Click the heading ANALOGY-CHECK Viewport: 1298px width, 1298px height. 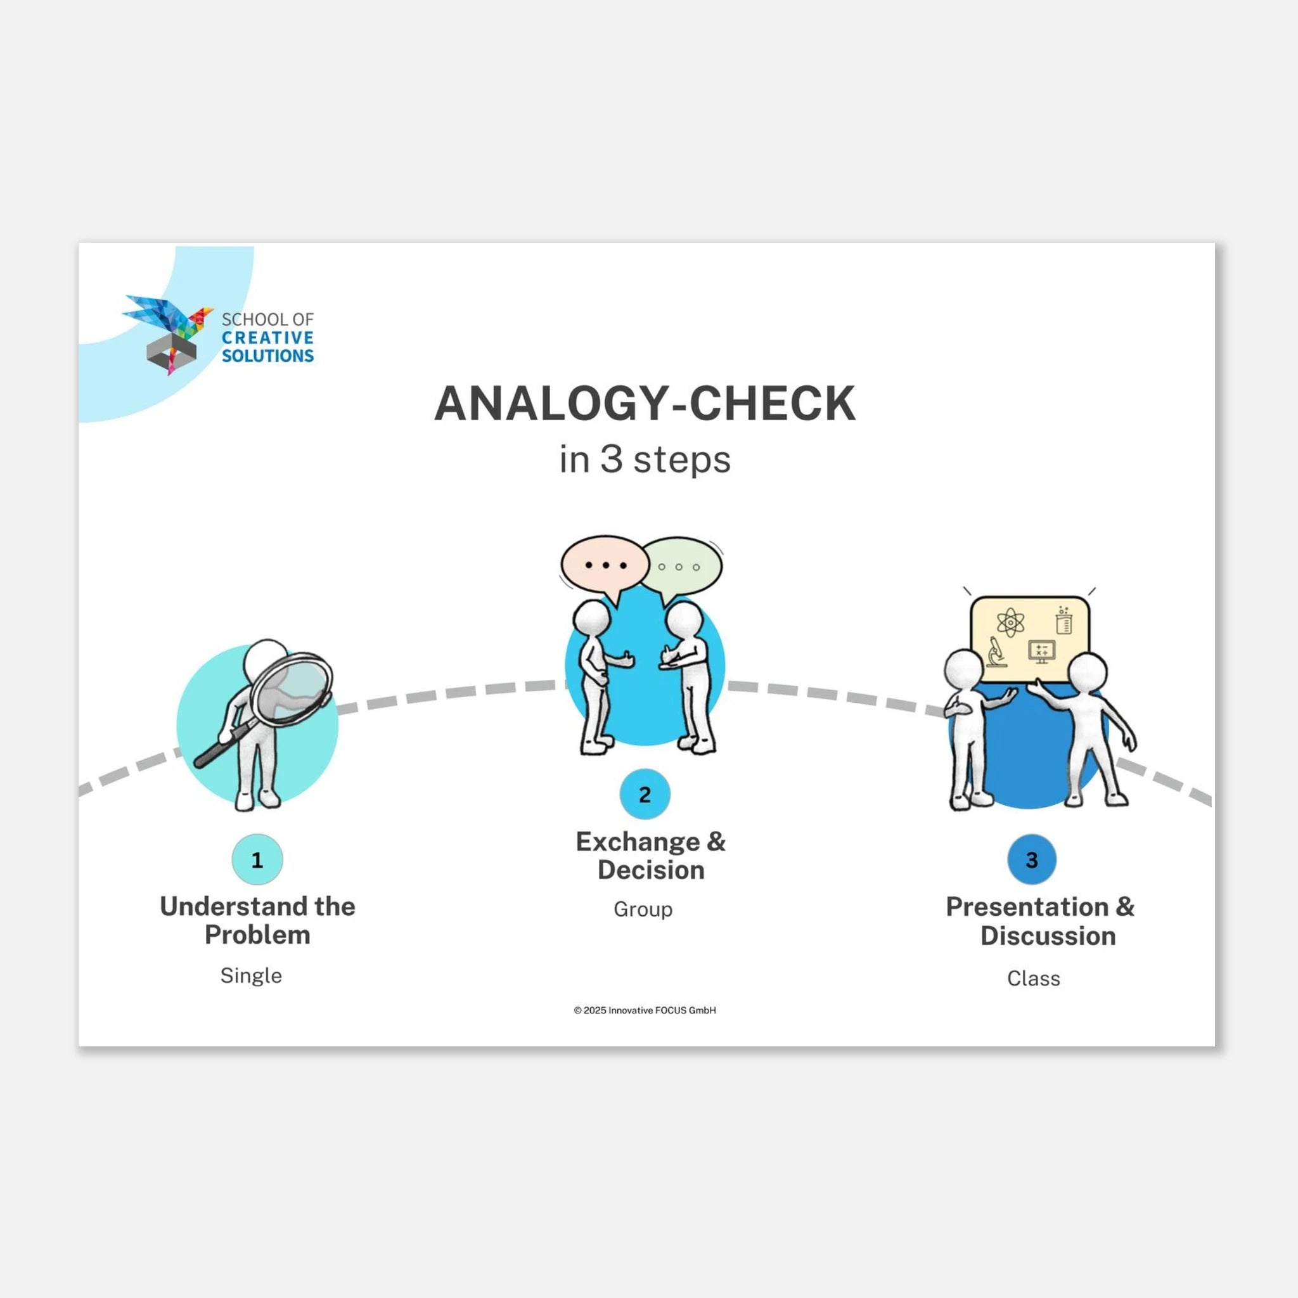click(x=645, y=403)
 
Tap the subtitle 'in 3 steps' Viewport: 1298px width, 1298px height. click(x=645, y=460)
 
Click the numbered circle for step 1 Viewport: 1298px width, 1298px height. click(x=257, y=859)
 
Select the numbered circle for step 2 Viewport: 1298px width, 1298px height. click(x=645, y=794)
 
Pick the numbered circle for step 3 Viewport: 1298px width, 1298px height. click(x=1032, y=859)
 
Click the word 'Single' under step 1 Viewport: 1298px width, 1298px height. click(x=251, y=975)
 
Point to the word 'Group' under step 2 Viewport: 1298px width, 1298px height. click(x=643, y=909)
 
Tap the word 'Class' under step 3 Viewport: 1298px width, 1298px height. click(x=1033, y=978)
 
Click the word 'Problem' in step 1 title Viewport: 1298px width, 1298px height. click(x=257, y=935)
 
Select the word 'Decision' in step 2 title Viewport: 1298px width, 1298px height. click(x=651, y=870)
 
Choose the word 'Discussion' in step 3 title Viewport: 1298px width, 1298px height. click(x=1048, y=936)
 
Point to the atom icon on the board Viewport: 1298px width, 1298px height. click(x=1010, y=623)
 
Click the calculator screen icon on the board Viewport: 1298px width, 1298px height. click(x=1041, y=651)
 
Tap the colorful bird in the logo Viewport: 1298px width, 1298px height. click(x=168, y=316)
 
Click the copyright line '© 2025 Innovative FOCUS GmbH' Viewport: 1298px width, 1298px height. click(x=645, y=1010)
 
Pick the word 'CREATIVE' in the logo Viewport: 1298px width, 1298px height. click(x=267, y=337)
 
